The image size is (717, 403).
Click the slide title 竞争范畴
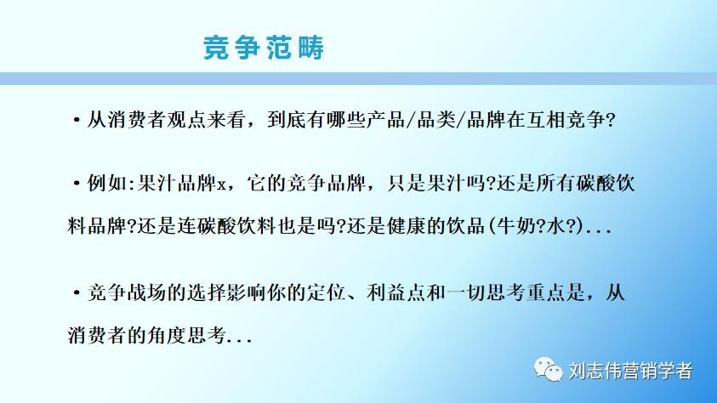tap(265, 48)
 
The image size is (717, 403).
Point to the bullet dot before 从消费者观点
tap(77, 120)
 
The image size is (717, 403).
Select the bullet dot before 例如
tap(77, 184)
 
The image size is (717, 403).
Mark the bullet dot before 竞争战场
tap(77, 293)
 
